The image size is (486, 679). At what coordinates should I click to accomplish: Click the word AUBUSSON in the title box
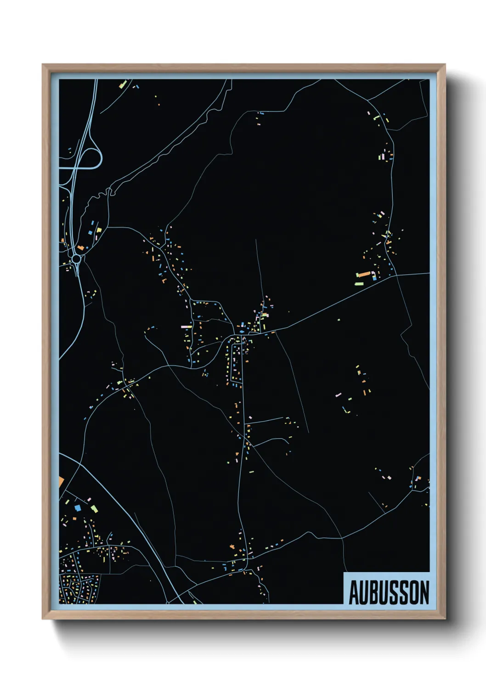389,592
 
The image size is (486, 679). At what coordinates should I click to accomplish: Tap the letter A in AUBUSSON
354,592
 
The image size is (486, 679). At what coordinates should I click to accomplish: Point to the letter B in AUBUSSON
374,592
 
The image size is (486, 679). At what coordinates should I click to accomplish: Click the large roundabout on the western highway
76,259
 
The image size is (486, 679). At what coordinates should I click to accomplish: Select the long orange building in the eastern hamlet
364,274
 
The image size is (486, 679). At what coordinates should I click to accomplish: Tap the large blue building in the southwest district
78,508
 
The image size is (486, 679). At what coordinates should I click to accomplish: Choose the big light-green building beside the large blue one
94,508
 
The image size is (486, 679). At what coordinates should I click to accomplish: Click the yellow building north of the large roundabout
99,229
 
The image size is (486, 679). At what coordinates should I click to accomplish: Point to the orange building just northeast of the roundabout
81,248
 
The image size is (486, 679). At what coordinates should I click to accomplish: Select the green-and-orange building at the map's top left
123,84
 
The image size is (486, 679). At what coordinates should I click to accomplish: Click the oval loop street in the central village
234,360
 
